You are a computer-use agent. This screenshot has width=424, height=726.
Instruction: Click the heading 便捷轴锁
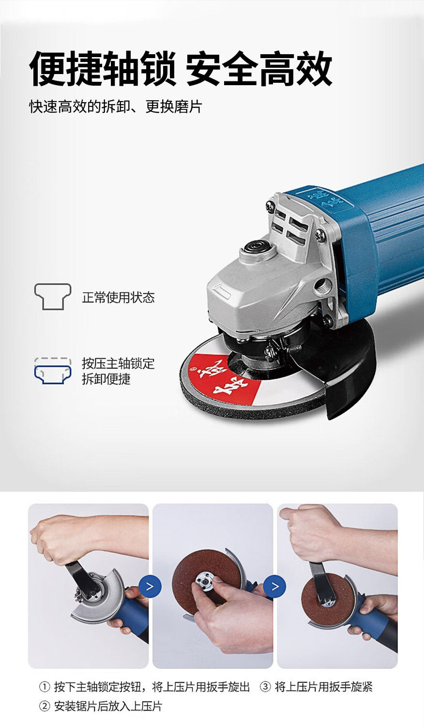(103, 69)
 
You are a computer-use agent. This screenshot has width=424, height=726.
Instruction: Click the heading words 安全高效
(258, 69)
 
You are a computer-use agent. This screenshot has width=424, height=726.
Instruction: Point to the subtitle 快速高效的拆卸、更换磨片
(116, 106)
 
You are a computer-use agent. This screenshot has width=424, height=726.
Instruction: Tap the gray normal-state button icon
(53, 297)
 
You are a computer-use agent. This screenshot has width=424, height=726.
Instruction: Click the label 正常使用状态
(118, 297)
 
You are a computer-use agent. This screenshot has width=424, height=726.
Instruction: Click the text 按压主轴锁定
(118, 363)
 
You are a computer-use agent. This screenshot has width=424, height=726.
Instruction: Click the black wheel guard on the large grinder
(350, 369)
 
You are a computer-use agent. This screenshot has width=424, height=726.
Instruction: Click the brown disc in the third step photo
(326, 600)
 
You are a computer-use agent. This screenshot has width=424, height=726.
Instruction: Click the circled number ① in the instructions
(45, 687)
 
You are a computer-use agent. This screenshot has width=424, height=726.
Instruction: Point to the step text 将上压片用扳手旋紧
(324, 687)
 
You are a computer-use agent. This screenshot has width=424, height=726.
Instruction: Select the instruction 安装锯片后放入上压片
(108, 706)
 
